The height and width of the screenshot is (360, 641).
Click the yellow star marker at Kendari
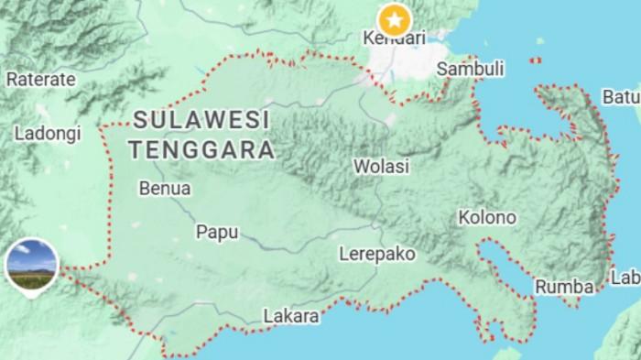point(395,17)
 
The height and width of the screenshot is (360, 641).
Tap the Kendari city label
point(395,38)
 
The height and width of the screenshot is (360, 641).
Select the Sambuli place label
point(471,69)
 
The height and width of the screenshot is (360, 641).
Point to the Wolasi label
point(382,167)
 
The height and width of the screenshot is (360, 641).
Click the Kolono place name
point(487,218)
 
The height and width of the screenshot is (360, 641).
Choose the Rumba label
point(564,286)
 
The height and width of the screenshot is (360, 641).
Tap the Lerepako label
point(376,253)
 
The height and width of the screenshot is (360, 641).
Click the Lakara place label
point(291,317)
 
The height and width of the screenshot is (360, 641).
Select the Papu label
point(217,232)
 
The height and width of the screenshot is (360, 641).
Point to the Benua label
point(165,189)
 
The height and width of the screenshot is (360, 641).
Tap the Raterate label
point(40,79)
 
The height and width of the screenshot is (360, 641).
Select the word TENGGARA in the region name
point(201,147)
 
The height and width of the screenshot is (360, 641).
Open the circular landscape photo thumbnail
point(32,261)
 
